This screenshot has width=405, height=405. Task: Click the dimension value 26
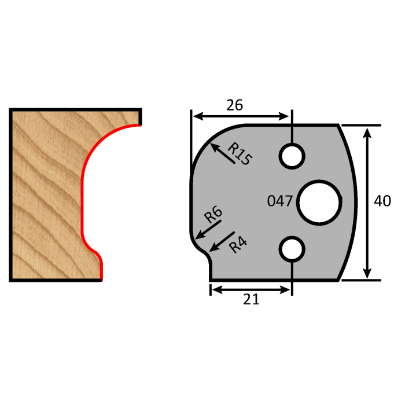234,105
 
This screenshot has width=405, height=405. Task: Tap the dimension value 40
382,201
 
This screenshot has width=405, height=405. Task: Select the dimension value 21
251,299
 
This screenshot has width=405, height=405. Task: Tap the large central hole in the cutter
318,201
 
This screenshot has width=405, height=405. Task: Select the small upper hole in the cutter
292,155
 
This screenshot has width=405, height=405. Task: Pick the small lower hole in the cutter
292,249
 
